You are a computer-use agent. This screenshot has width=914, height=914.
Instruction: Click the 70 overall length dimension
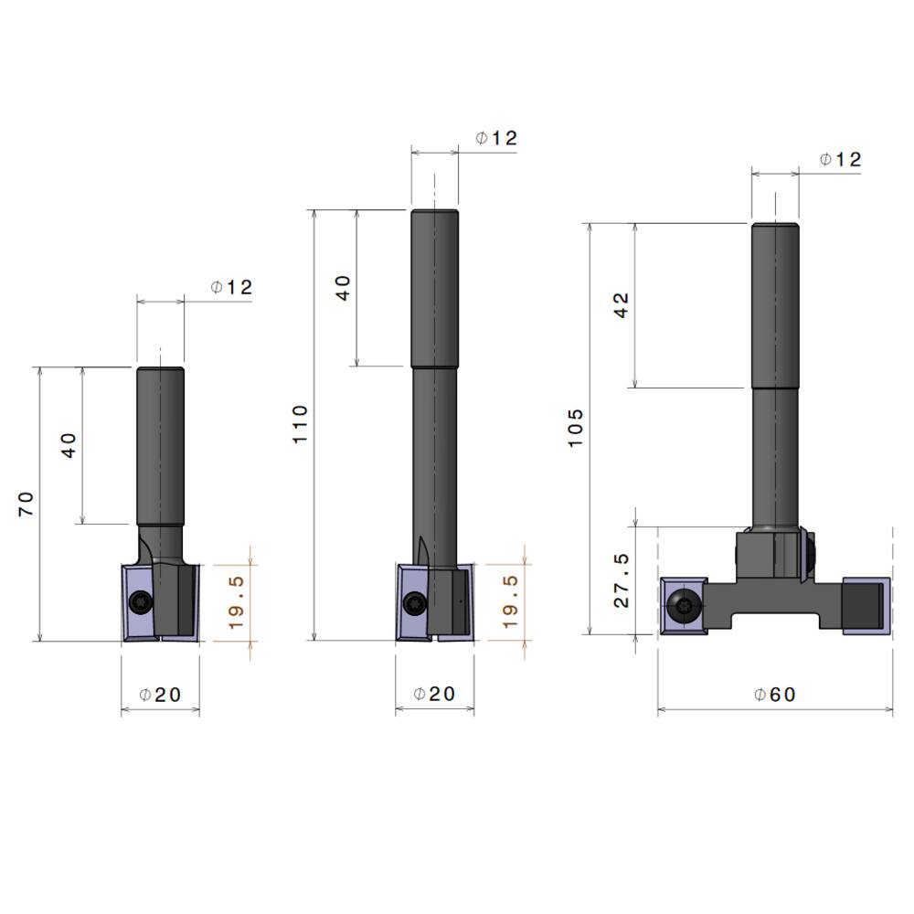[x=27, y=505]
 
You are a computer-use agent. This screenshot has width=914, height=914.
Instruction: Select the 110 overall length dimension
[x=300, y=424]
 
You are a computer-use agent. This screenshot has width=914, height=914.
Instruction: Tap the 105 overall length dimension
[x=575, y=428]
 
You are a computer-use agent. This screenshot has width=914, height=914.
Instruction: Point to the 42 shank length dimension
[x=622, y=305]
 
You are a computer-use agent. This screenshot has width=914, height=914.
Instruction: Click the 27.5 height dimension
[x=622, y=580]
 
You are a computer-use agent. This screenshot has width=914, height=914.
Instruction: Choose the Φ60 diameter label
[x=775, y=695]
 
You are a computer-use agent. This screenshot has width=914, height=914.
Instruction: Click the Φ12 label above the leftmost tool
[x=231, y=287]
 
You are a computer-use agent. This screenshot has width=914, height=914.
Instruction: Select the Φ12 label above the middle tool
[x=496, y=138]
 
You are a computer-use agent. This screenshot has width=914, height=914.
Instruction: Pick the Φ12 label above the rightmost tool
[x=841, y=159]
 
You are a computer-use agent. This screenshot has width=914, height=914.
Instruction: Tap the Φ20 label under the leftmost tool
[x=160, y=695]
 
